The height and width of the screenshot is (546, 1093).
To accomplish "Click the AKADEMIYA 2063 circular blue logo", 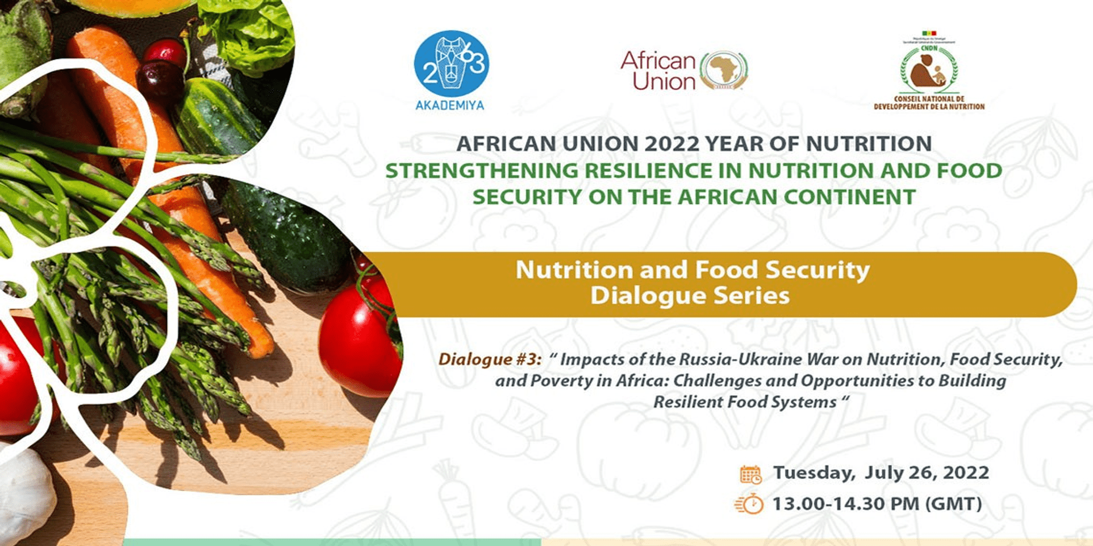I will pyautogui.click(x=451, y=64).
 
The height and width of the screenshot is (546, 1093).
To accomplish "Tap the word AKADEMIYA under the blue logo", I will pyautogui.click(x=450, y=105).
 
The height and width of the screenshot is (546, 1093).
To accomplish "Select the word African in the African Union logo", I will pyautogui.click(x=658, y=60).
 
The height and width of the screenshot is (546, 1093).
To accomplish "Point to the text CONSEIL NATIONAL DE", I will pyautogui.click(x=929, y=99).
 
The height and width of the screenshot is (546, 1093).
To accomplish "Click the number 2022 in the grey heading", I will pyautogui.click(x=672, y=144).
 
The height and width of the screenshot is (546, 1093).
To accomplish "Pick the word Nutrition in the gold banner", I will pyautogui.click(x=574, y=270).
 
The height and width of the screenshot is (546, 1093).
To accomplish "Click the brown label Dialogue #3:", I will pyautogui.click(x=490, y=359).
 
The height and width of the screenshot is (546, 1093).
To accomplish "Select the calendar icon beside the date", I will pyautogui.click(x=750, y=474).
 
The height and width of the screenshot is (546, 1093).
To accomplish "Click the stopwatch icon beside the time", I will pyautogui.click(x=750, y=504).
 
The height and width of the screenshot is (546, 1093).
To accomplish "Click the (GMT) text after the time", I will pyautogui.click(x=953, y=504).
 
